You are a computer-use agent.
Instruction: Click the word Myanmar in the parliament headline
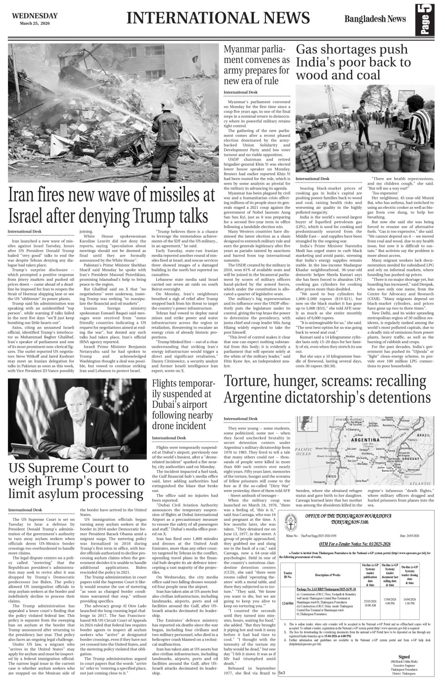(x=244, y=50)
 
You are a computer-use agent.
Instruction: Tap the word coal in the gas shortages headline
(x=368, y=76)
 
